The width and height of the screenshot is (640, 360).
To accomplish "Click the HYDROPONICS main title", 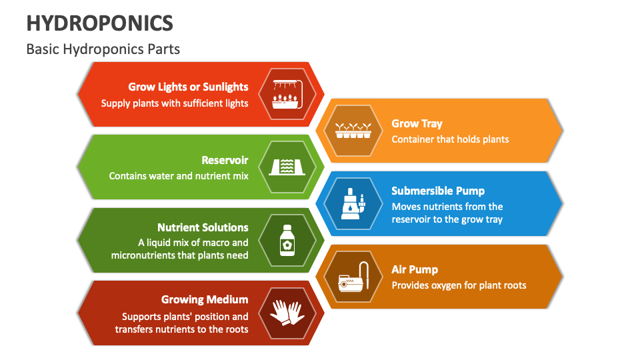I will coord(100,23).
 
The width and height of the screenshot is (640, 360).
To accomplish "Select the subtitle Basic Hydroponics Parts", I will coord(103,49).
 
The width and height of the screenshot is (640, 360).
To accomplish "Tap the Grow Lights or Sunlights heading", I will coord(188,87).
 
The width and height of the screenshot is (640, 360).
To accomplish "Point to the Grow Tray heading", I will coord(417,123).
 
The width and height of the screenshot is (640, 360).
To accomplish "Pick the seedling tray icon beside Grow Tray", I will coord(353,130).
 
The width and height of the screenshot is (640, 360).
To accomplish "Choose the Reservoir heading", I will coord(225,160).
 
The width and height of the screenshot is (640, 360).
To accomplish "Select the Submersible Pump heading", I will coord(438,191).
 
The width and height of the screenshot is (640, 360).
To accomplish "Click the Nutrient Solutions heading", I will coord(203,227).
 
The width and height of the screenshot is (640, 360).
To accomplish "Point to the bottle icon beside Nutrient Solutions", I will coord(287,240).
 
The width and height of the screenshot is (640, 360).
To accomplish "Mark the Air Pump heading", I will coord(415,269).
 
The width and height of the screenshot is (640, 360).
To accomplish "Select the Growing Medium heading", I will coord(205,299).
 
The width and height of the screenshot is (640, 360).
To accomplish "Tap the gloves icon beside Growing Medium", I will coord(287,313).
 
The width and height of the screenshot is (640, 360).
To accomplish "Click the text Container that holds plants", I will coord(450,139).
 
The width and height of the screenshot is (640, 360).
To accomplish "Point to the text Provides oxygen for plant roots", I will coord(459,285).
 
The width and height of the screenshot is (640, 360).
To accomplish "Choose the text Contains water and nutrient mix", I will coord(179,176).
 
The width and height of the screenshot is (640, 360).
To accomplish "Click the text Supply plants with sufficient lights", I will coord(175,103).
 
